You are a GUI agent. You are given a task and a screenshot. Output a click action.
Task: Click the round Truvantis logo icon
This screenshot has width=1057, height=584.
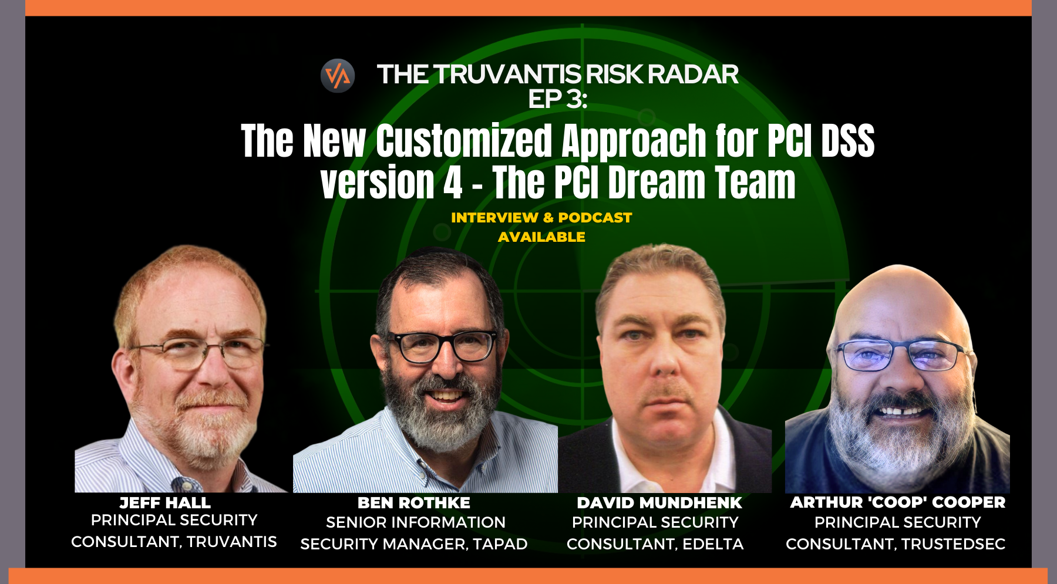(338, 76)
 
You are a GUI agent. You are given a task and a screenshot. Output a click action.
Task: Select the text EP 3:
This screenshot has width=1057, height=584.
(557, 99)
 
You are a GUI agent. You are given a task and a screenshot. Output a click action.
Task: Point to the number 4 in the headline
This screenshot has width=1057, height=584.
(452, 183)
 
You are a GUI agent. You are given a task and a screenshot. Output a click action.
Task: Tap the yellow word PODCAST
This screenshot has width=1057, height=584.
(595, 218)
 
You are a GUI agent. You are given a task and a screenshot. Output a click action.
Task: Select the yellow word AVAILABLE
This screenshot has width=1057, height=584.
(541, 237)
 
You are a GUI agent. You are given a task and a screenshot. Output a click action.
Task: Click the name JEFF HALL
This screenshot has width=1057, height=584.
(165, 503)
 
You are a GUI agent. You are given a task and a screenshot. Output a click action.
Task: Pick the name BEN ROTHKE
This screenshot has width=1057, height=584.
(414, 503)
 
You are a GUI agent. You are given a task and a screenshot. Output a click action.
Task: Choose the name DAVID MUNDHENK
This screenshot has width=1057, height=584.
(659, 503)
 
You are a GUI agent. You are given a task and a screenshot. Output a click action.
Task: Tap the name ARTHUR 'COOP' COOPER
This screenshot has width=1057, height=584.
(898, 502)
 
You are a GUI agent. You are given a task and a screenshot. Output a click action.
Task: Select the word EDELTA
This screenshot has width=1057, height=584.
(713, 544)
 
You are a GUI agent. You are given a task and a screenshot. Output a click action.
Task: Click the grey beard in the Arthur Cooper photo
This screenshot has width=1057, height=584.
(898, 440)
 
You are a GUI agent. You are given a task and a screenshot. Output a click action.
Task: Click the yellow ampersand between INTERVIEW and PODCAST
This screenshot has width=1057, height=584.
(548, 218)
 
